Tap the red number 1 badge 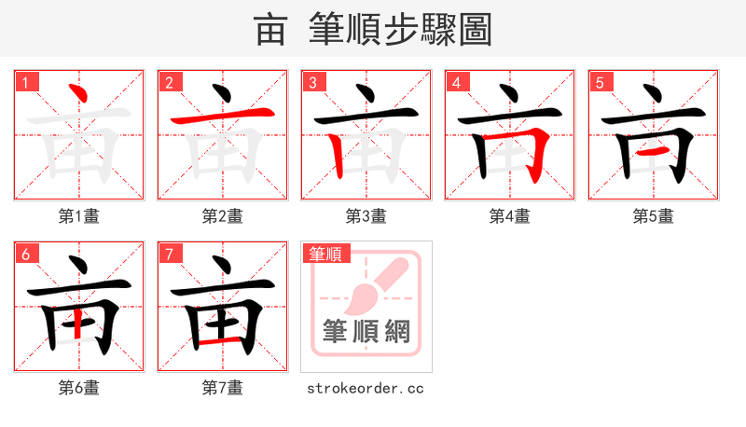24,82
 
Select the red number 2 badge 168,82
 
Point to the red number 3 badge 311,82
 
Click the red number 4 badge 455,82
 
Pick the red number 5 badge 599,82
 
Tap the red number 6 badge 24,254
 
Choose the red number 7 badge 168,254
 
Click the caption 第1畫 79,216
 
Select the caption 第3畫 366,216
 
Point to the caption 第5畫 654,216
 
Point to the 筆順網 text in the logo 366,331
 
